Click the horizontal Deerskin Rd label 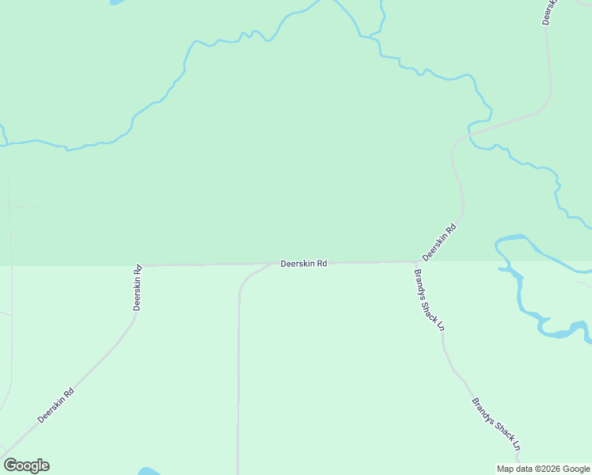[x=304, y=264]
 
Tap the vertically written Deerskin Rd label [x=138, y=287]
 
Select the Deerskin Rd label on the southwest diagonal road [x=56, y=405]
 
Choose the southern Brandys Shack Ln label [x=495, y=424]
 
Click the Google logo [x=26, y=465]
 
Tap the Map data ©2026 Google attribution [x=544, y=468]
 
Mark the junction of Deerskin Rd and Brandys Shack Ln [x=416, y=261]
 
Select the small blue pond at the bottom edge [x=148, y=471]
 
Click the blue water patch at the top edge [x=116, y=2]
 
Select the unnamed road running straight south [x=238, y=372]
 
